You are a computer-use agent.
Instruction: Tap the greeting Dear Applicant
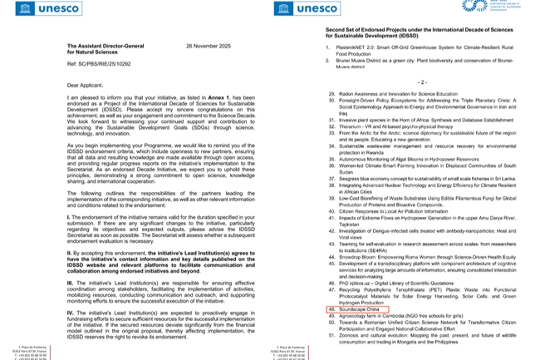[x=85, y=85]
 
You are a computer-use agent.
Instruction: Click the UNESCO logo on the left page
[x=39, y=10]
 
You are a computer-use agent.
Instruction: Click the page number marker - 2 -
[x=422, y=83]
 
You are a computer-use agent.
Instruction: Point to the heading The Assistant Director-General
[x=103, y=47]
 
